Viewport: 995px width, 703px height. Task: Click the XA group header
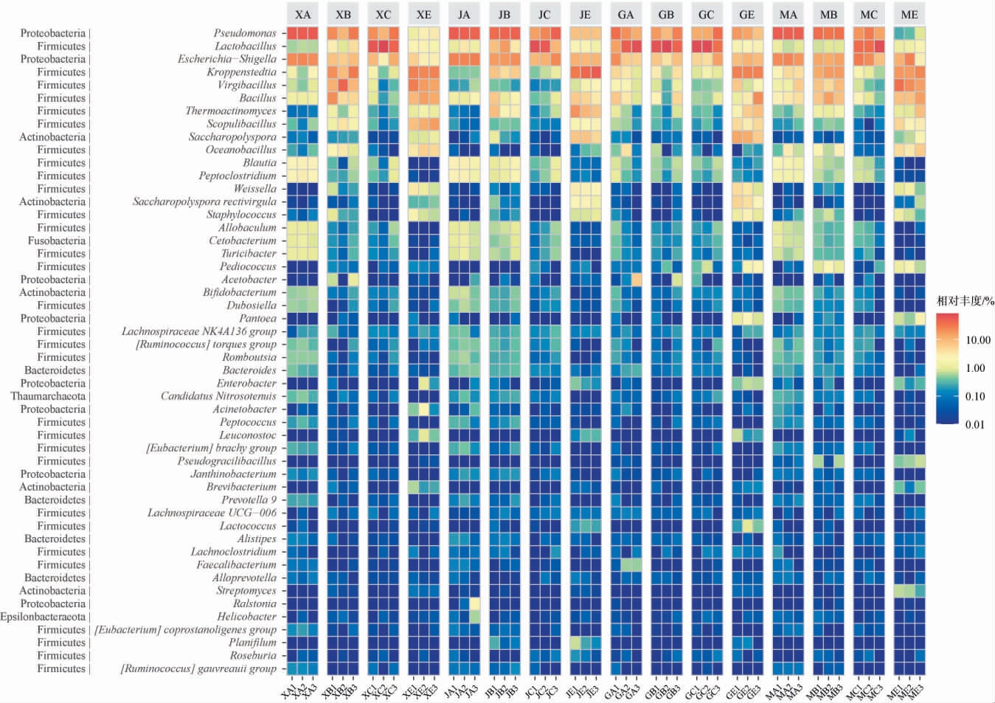(302, 14)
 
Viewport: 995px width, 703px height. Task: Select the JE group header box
(585, 14)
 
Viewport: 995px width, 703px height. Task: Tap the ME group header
(909, 14)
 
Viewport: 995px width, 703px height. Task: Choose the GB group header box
(666, 14)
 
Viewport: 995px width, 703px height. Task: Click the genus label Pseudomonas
(245, 33)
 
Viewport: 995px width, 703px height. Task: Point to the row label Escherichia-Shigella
(227, 59)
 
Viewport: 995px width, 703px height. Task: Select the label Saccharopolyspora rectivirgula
(204, 201)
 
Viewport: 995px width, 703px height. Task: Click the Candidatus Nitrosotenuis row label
(218, 396)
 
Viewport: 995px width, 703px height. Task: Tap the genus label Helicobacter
(246, 617)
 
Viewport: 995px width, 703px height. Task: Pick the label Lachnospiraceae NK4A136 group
(199, 331)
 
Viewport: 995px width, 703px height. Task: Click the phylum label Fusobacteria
(57, 240)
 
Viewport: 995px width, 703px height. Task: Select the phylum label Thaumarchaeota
(48, 396)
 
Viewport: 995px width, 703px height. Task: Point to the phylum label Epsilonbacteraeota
(43, 617)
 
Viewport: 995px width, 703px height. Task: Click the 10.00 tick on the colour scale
(978, 340)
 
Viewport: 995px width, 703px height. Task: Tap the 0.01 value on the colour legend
(975, 424)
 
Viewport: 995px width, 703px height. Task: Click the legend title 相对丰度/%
(965, 301)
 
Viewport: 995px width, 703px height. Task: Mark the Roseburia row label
(253, 655)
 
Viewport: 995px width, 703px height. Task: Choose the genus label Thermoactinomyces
(231, 111)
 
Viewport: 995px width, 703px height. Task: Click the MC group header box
(869, 14)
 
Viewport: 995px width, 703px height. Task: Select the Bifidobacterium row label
(240, 292)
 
